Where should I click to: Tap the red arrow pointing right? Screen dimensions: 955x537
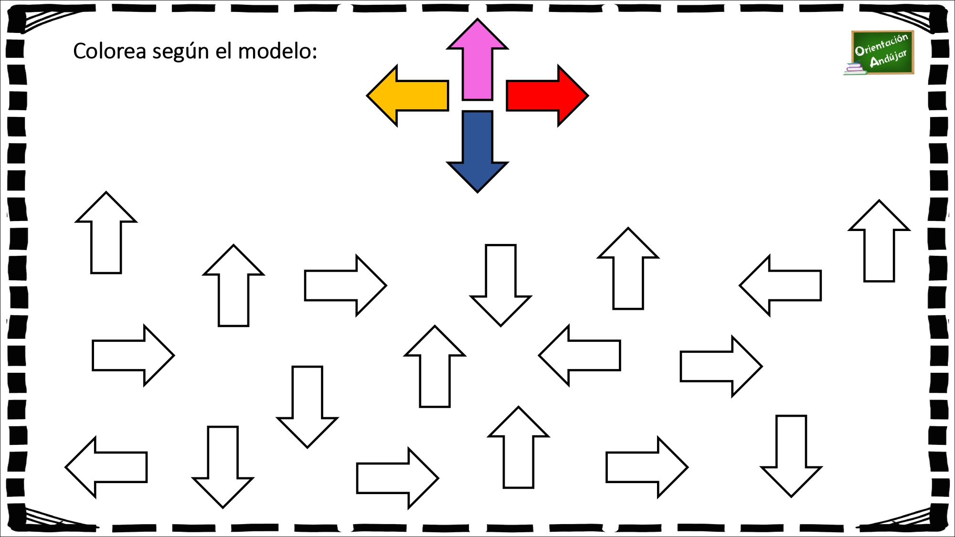pos(547,95)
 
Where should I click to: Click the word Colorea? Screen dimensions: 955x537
pos(109,51)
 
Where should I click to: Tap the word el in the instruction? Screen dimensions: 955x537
pos(224,51)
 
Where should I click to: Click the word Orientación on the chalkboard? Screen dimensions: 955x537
pos(881,44)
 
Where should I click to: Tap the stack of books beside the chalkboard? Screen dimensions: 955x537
pos(855,70)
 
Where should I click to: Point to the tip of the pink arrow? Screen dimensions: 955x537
pos(477,19)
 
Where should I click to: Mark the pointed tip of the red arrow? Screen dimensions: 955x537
pos(588,95)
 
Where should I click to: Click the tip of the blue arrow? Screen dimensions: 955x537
pos(477,192)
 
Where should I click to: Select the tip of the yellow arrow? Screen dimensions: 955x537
pos(367,95)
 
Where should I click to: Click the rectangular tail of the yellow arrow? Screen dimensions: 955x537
pos(423,95)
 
